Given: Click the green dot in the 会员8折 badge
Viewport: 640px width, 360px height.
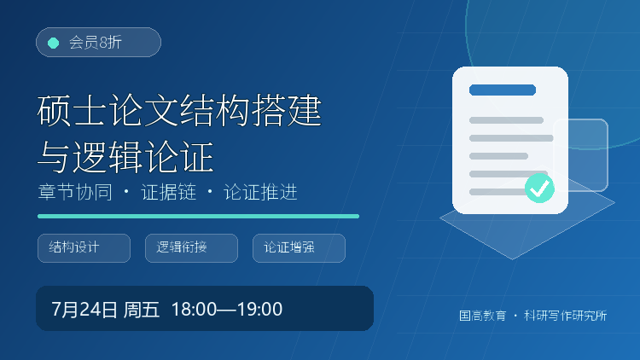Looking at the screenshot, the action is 54,43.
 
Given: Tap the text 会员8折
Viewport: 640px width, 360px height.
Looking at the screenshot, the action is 96,43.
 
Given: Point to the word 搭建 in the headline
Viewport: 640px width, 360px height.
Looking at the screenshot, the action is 287,110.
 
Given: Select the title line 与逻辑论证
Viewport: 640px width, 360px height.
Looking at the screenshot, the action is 125,157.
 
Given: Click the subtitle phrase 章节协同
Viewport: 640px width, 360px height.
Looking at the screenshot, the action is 75,192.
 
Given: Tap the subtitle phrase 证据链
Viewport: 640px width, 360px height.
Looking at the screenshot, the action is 169,192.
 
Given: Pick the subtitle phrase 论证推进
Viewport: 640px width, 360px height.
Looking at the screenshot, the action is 260,192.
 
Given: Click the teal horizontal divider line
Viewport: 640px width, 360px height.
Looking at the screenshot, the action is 198,217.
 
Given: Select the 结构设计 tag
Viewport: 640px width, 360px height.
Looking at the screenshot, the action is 84,248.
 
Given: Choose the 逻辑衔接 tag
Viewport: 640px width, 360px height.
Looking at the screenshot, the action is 191,248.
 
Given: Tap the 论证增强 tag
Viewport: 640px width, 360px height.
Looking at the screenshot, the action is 300,248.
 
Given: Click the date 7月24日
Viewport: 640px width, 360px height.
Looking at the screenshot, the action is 84,310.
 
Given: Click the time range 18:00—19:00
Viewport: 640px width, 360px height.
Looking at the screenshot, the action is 227,310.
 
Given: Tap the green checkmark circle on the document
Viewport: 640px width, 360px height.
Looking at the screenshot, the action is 539,189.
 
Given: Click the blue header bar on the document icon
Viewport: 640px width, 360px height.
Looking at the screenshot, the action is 503,90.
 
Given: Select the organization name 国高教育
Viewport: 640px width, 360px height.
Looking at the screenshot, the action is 482,316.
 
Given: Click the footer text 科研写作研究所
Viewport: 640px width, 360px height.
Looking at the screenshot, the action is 565,316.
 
